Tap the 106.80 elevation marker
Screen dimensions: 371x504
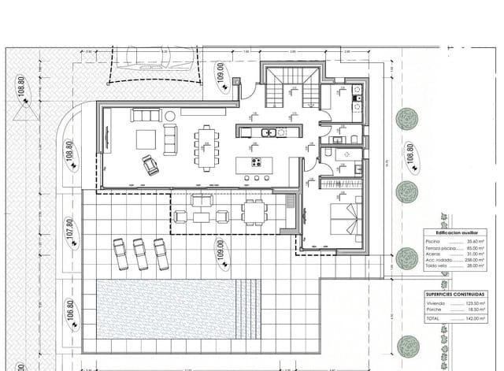coord(69,313)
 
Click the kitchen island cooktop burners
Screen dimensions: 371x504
coord(257,163)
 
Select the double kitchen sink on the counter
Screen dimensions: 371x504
coord(269,132)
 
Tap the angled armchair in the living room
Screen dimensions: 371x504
coord(150,165)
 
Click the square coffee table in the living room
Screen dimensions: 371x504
coord(147,139)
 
